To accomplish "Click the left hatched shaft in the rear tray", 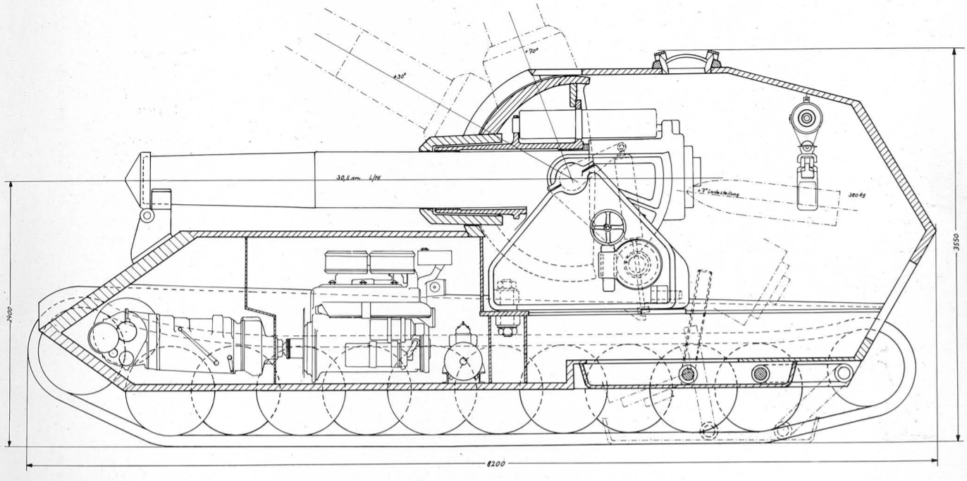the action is coord(687,374).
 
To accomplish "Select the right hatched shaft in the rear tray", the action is coord(760,374).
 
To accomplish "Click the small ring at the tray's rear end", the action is coord(842,372).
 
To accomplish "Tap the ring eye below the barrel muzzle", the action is coord(146,214).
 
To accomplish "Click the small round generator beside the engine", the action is coord(464,361).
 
